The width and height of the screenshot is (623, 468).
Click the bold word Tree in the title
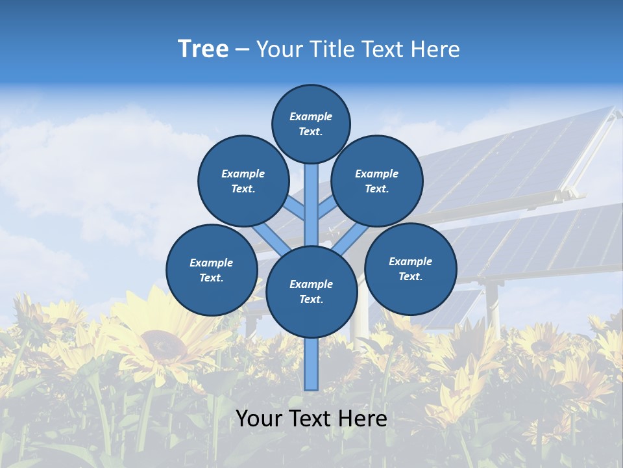[x=203, y=49]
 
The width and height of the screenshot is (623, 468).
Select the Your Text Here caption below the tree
[x=311, y=419]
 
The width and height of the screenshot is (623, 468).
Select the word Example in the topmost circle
[x=311, y=116]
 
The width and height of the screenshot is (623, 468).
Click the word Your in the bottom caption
[x=258, y=419]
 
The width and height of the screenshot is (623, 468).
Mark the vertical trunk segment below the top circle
[x=311, y=201]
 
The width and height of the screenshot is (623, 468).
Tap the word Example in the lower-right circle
[x=410, y=261]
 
